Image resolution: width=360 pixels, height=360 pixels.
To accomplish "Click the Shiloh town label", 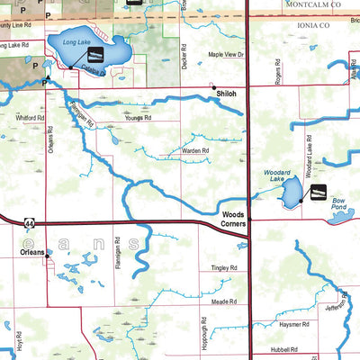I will tap(225, 93).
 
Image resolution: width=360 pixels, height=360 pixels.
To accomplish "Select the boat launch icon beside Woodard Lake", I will tap(317, 193).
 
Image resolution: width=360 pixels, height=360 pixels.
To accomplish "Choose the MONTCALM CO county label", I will tap(305, 4).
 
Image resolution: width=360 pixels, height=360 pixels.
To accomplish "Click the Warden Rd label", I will tap(195, 150).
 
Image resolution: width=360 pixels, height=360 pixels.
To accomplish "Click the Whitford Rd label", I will tap(30, 117).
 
